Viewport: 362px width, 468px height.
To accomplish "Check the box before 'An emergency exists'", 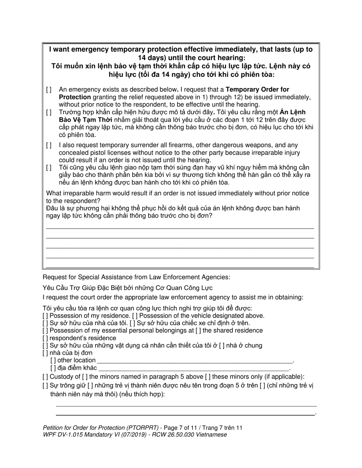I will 49,90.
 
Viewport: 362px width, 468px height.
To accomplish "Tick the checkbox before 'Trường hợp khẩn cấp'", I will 49,112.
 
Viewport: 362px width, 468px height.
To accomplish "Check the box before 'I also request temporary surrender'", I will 49,145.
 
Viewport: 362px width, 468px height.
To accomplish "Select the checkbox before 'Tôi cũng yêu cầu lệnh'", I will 49,168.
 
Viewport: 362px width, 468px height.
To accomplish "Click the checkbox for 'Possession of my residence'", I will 45,315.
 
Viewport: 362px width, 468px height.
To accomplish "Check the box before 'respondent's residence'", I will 45,338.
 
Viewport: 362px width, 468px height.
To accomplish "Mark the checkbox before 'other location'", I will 53,360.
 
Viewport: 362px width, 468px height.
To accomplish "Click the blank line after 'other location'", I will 195,360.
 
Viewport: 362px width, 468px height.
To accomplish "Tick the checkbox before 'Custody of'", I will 45,377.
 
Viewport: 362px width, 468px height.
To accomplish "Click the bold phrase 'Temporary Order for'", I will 258,90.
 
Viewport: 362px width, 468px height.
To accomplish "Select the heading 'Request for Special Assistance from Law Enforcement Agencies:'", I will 136,277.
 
